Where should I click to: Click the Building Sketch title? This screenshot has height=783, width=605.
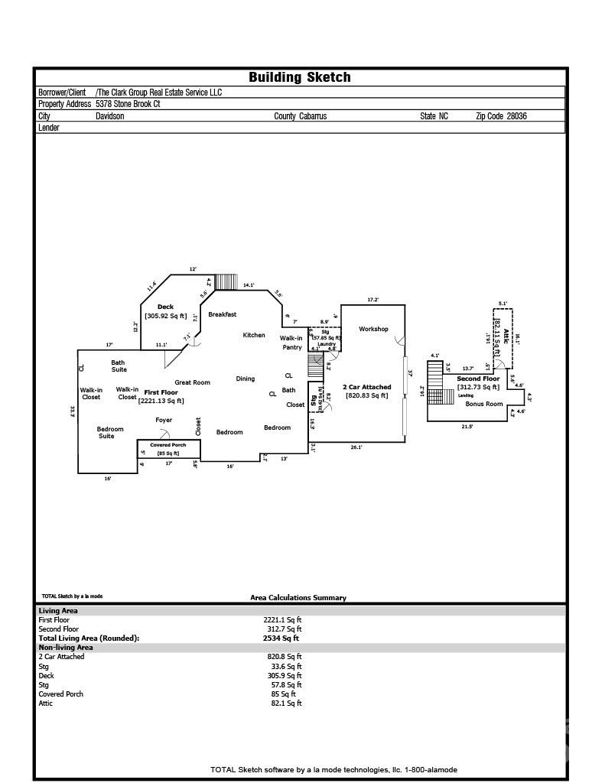(299, 77)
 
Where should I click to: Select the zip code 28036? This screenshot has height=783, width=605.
(512, 116)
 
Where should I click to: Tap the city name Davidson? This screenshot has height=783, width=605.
(109, 116)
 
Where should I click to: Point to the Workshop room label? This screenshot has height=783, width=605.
(373, 330)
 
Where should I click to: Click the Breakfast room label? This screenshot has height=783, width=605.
(222, 314)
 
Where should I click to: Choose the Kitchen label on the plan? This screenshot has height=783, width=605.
(254, 335)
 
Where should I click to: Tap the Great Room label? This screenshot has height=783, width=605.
(192, 382)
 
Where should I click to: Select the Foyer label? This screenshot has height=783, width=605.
(164, 420)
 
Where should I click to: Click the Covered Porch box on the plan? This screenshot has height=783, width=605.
(168, 449)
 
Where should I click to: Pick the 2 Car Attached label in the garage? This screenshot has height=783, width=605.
(366, 387)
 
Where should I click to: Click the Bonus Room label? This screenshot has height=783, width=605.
(484, 404)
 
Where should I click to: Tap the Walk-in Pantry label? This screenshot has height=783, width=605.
(291, 343)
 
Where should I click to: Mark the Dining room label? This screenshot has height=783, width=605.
(245, 379)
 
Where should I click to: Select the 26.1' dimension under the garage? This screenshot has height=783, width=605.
(356, 447)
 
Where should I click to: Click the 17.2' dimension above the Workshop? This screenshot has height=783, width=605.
(372, 300)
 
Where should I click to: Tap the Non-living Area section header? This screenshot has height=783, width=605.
(65, 647)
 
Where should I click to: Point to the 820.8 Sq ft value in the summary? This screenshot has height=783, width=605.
(282, 657)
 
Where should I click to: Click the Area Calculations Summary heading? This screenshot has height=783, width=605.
(298, 598)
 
